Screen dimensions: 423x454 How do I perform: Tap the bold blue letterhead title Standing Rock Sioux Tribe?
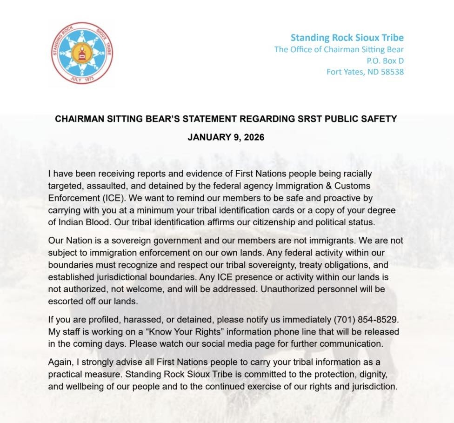[x=347, y=38]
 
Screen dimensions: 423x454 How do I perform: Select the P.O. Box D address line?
[x=385, y=60]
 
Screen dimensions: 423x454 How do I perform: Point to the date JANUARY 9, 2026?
[x=226, y=137]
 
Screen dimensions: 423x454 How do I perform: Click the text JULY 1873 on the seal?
[x=82, y=79]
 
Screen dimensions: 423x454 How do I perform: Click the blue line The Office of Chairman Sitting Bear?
[x=339, y=49]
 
